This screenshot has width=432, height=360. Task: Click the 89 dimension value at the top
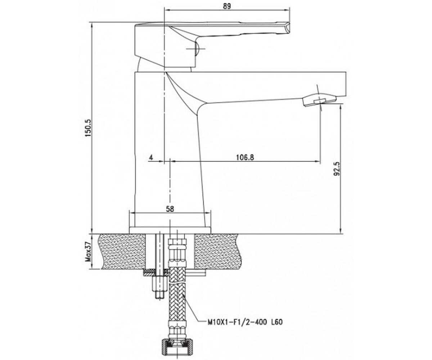(x=227, y=6)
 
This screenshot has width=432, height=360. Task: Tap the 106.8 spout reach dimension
(x=245, y=157)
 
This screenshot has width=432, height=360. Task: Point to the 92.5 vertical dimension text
(x=337, y=168)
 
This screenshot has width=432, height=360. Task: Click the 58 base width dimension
(x=170, y=209)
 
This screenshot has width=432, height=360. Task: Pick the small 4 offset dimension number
(x=151, y=157)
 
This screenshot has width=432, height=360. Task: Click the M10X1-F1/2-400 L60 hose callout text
(x=245, y=322)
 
